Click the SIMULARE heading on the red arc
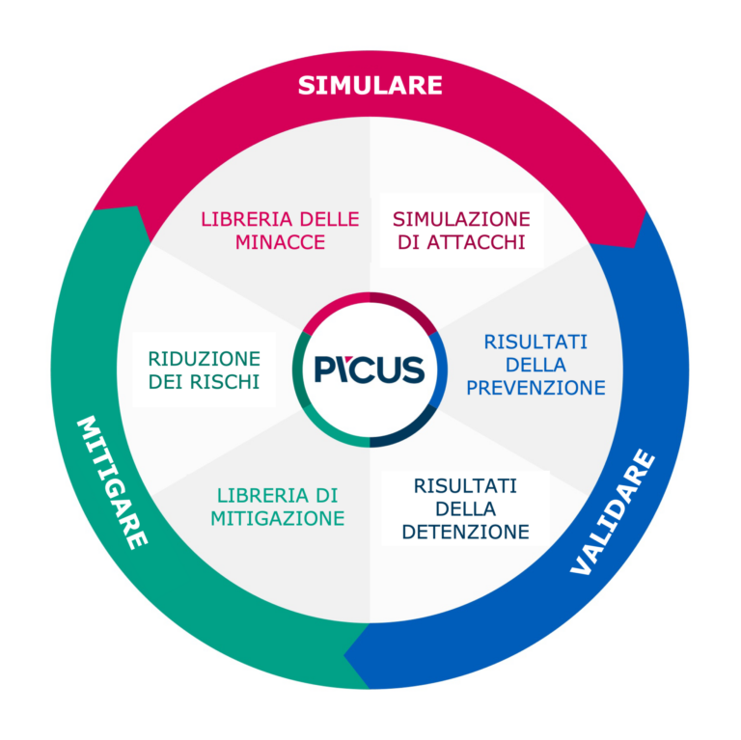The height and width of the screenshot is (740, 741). (370, 85)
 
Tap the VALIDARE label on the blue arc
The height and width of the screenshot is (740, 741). (612, 512)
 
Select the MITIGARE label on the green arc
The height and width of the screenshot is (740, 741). (112, 481)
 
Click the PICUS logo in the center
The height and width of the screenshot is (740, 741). (369, 370)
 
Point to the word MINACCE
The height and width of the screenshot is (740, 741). (280, 242)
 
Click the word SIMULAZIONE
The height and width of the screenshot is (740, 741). (461, 219)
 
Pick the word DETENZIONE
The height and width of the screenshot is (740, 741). (465, 532)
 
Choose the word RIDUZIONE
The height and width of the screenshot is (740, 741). (204, 358)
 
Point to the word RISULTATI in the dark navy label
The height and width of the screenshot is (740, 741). (465, 485)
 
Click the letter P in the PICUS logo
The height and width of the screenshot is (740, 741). (324, 370)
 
